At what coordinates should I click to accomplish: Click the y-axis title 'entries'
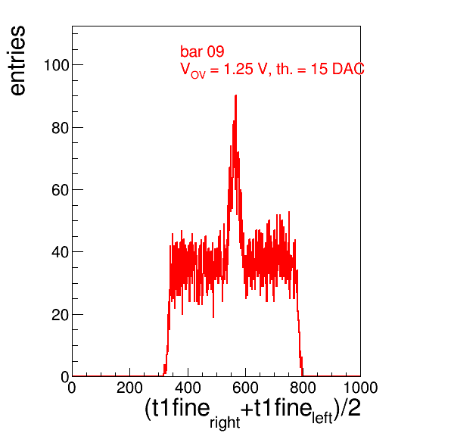[17, 61]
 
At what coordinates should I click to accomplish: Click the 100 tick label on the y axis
[57, 65]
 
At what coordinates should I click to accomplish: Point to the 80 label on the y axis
[61, 128]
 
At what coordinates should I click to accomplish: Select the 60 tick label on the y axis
[61, 190]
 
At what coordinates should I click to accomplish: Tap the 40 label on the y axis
[61, 252]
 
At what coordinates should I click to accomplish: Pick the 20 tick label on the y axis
[61, 315]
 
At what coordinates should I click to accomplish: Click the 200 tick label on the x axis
[129, 388]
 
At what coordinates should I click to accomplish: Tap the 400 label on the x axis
[188, 388]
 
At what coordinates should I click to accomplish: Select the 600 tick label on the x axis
[245, 388]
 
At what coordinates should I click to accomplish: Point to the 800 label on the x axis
[303, 388]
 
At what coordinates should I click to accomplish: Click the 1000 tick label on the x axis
[361, 388]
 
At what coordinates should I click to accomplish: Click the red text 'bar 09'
[202, 51]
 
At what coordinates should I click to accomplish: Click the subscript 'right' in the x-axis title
[225, 423]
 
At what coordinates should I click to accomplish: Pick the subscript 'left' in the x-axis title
[322, 418]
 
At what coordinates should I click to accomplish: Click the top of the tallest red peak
[236, 95]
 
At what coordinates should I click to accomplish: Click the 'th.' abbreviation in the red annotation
[284, 69]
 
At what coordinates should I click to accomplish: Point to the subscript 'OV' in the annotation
[198, 75]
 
